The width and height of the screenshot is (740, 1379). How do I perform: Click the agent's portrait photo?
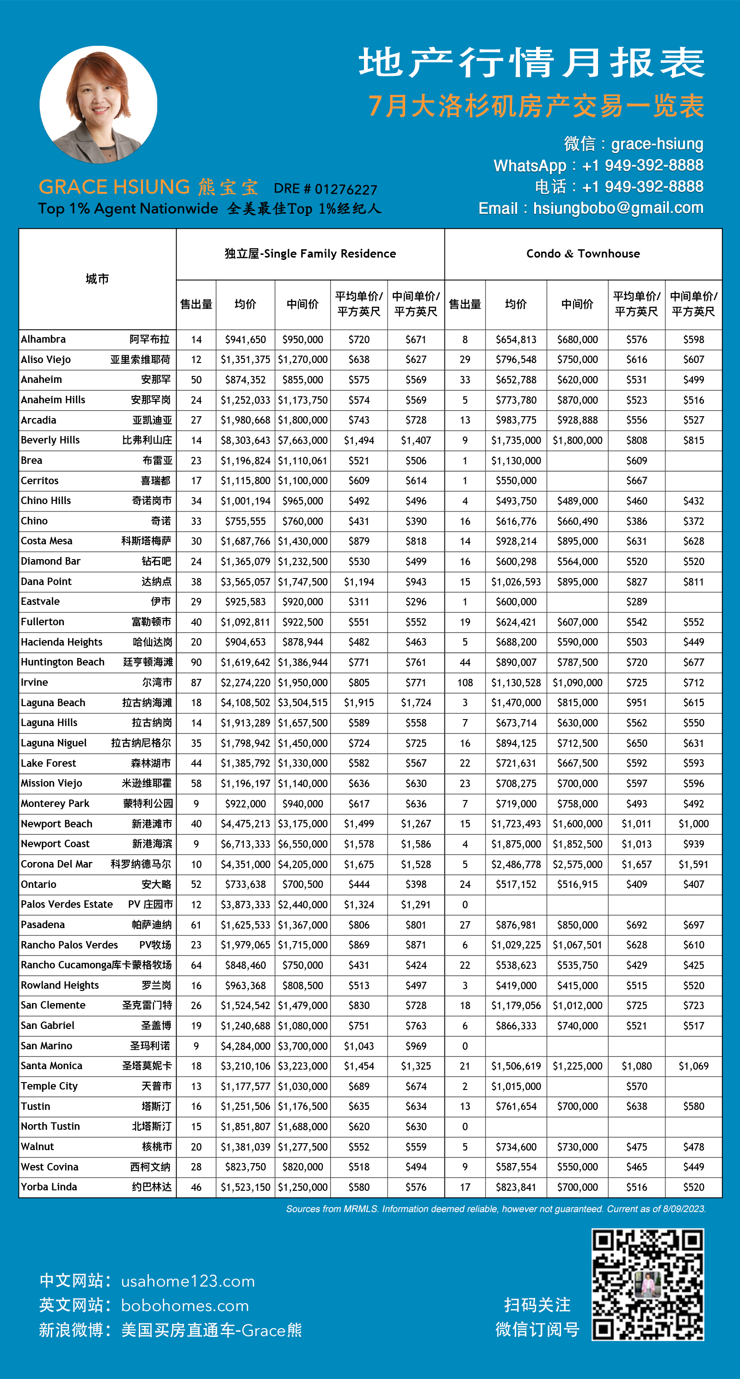[x=99, y=105]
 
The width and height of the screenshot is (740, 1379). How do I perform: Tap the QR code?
[x=647, y=1284]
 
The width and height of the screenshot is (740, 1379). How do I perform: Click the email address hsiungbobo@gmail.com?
[x=618, y=208]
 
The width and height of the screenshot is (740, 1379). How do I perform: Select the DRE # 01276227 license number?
[x=326, y=189]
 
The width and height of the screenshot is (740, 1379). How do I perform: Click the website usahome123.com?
[x=188, y=1281]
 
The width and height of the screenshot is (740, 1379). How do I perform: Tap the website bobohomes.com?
[x=185, y=1305]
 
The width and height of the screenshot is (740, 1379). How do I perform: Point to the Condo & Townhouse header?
[x=583, y=254]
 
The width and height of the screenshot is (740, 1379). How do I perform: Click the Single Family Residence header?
[x=310, y=254]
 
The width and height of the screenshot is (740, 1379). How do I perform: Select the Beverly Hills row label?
[x=50, y=440]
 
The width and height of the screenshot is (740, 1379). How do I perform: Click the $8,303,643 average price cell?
[x=245, y=441]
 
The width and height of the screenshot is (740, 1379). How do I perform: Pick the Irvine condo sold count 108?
[x=465, y=683]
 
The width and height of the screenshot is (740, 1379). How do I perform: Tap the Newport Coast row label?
[x=55, y=843]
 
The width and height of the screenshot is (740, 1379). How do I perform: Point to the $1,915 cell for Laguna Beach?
[x=359, y=703]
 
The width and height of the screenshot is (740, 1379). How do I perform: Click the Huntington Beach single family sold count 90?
[x=197, y=662]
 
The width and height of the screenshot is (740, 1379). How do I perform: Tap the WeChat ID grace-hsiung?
[x=657, y=143]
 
